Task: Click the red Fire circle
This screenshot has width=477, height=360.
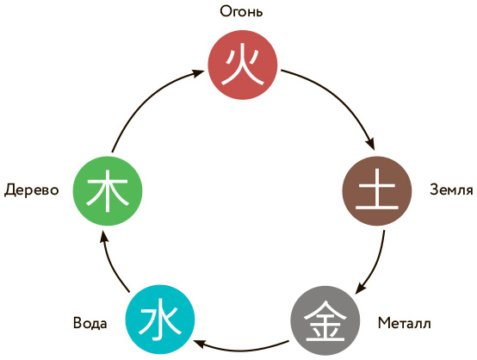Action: pos(243,65)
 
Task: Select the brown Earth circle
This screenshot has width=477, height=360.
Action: pos(377,191)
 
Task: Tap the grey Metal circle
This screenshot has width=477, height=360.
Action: pos(325,320)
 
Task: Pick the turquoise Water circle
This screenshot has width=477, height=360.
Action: pos(160,320)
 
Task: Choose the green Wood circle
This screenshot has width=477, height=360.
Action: pos(108,191)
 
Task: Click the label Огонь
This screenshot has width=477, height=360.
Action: pos(241,11)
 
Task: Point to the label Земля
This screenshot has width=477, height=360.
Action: pos(451,189)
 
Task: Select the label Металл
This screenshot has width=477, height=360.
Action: pos(405,323)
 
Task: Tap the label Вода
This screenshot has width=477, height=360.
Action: pos(90,323)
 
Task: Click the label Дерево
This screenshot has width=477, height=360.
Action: pos(31,189)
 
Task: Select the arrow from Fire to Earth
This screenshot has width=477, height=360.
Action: pos(340,97)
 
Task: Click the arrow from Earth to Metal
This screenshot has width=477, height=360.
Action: pos(376,265)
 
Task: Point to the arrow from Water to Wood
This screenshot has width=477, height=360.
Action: pos(111,264)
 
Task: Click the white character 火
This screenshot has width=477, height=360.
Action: pos(243,66)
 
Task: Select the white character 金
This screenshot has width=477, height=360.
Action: pos(325,321)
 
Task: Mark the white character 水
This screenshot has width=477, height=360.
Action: pos(160,320)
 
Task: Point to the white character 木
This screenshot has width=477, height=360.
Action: pos(108,191)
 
